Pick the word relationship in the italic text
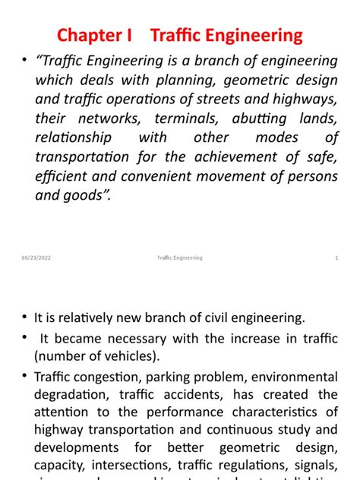(73, 137)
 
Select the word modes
(277, 137)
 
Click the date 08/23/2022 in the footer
(36, 258)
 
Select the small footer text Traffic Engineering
(175, 258)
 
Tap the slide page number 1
(336, 258)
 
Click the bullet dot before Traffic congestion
(25, 377)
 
